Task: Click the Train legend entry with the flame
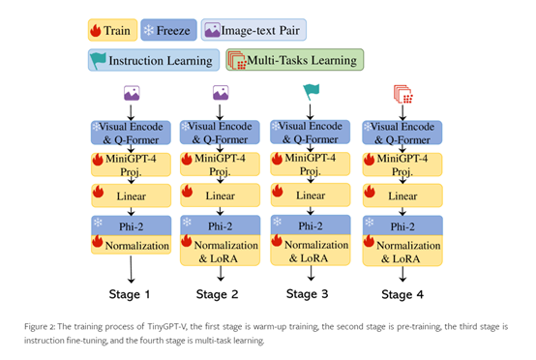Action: pos(110,29)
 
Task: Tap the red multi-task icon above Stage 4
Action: pos(400,93)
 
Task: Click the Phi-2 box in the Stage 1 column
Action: pos(131,225)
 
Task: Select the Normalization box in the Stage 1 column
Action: pos(131,245)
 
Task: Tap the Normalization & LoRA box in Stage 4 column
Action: pos(400,251)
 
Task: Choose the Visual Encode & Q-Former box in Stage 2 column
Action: pos(222,132)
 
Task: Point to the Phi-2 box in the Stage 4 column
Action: pos(400,225)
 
